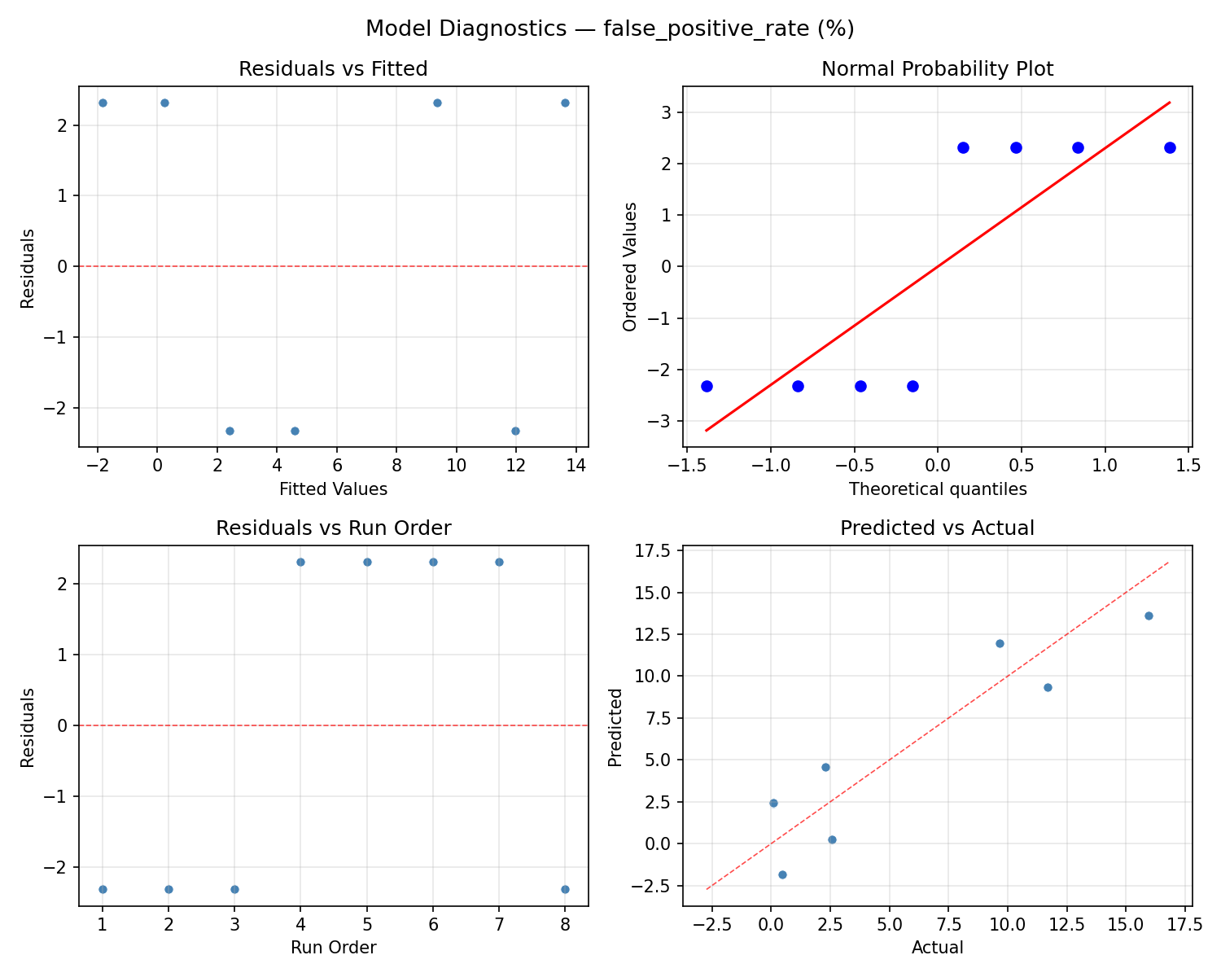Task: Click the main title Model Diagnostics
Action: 610,28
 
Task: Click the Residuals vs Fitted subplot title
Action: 333,69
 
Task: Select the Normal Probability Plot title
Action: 937,69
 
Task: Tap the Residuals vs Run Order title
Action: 333,528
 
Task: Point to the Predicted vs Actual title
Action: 937,528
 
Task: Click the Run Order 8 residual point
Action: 565,889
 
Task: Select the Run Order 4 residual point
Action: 300,562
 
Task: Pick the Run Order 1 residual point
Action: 103,889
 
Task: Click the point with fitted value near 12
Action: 515,431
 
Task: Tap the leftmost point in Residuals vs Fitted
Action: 103,103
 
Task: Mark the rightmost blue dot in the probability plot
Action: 1170,147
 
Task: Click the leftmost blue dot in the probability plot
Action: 707,386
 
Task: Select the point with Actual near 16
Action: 1149,616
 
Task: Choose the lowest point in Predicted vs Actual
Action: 782,874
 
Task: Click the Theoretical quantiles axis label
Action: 938,489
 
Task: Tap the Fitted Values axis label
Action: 333,489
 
